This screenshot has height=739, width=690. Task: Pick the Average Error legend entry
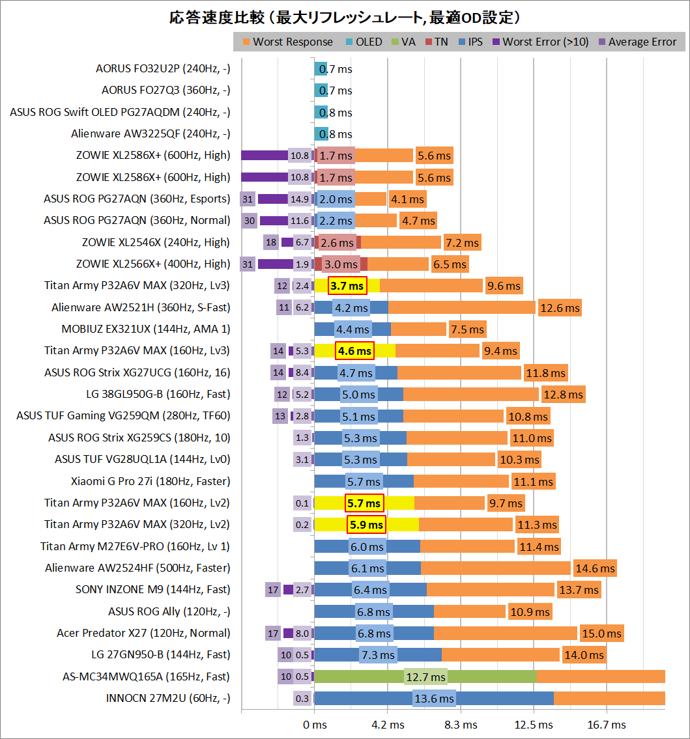(x=642, y=42)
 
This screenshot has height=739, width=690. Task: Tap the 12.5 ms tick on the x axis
(x=534, y=725)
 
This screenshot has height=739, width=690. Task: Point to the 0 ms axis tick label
(x=315, y=725)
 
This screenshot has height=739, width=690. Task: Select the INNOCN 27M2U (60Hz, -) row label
(x=167, y=699)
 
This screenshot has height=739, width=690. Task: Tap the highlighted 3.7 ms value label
(x=348, y=286)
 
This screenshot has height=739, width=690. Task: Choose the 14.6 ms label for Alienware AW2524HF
(x=594, y=568)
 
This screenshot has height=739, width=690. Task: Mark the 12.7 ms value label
(x=425, y=677)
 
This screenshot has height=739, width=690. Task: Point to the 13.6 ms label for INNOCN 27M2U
(x=434, y=699)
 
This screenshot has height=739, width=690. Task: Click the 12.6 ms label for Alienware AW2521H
(x=559, y=307)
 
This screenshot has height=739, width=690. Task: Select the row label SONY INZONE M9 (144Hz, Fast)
(x=152, y=590)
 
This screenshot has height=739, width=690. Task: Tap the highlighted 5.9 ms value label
(x=367, y=525)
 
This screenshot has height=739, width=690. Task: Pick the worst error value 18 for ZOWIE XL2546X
(x=272, y=242)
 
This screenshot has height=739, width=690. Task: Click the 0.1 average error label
(x=302, y=503)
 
